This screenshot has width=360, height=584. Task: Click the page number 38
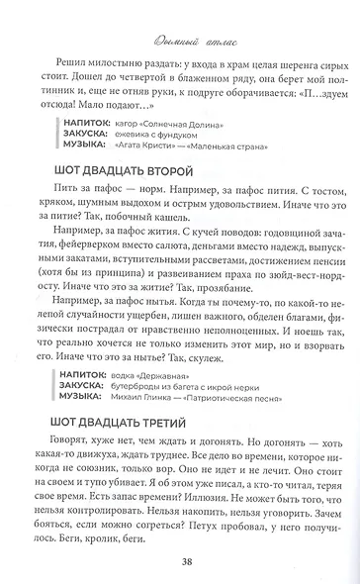(x=180, y=563)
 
